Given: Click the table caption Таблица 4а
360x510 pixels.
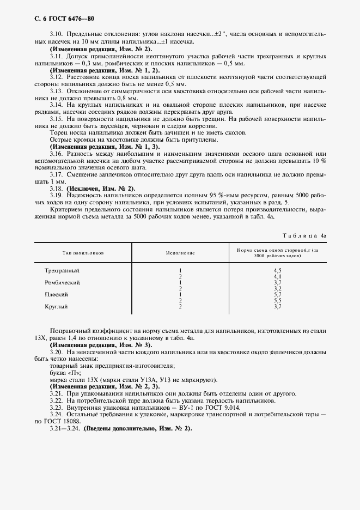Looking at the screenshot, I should (304, 235).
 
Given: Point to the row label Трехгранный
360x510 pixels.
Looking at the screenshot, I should (62, 270).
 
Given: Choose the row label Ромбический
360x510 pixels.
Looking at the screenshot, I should (62, 282).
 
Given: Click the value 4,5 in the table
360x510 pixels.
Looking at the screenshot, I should (277, 270).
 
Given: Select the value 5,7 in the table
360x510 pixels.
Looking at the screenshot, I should (277, 294).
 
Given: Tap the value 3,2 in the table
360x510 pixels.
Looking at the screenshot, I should (277, 288).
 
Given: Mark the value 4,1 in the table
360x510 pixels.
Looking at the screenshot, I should (277, 276).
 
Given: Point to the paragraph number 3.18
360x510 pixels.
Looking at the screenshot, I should (56, 188).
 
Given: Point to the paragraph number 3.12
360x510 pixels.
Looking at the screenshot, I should (56, 77).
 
